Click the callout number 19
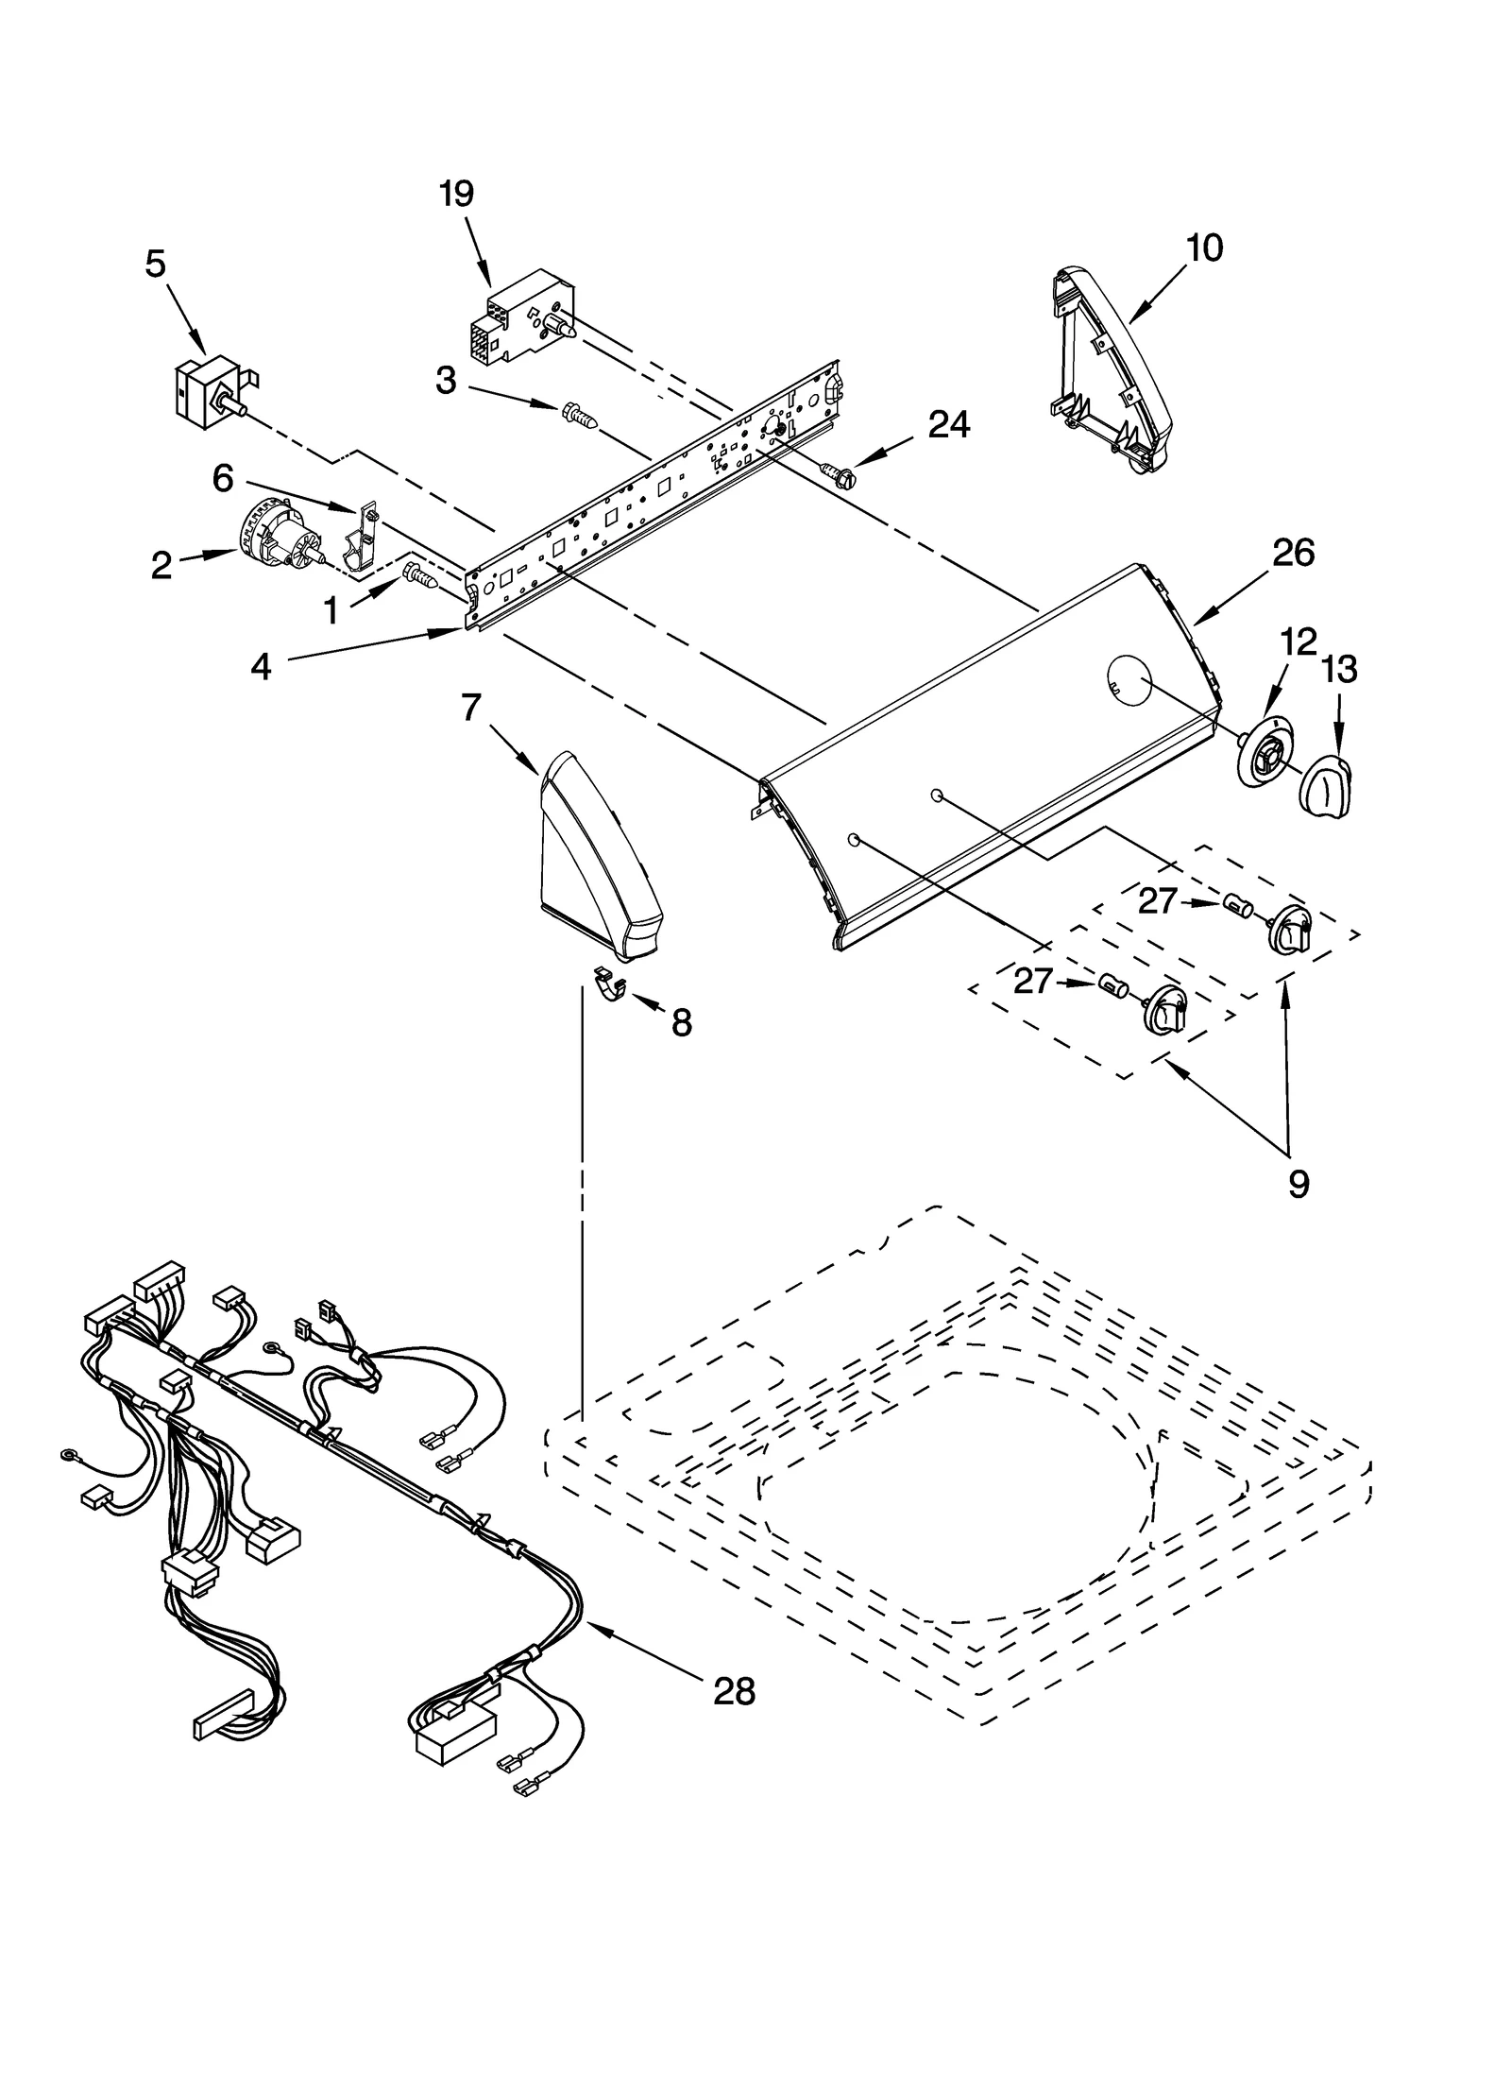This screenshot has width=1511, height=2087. tap(456, 194)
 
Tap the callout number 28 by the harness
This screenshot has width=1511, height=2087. tap(734, 1691)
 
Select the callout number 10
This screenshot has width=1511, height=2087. tap(1204, 248)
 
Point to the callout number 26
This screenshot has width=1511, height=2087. tap(1293, 553)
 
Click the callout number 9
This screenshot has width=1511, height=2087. tap(1299, 1183)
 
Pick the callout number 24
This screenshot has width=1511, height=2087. tap(948, 425)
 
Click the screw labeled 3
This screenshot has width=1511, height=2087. tap(579, 416)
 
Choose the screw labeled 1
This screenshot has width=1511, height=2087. tap(419, 575)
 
